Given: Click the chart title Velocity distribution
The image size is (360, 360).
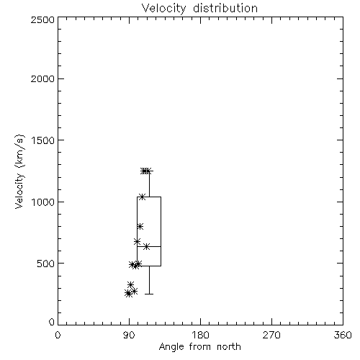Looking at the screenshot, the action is click(199, 9).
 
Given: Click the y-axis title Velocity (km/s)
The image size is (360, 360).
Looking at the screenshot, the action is click(19, 171).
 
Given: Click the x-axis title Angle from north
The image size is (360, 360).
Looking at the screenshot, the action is click(199, 347).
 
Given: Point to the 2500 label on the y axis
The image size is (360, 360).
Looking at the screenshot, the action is click(42, 19).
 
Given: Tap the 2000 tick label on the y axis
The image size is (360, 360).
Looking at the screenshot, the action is click(42, 78).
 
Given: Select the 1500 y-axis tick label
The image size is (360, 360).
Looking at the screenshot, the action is click(43, 140).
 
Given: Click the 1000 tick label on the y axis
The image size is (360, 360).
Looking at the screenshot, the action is click(43, 202).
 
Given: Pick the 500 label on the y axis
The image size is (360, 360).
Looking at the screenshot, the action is click(46, 264).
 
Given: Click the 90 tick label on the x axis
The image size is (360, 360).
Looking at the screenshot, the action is click(129, 335).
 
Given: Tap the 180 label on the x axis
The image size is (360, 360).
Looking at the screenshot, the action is click(200, 335).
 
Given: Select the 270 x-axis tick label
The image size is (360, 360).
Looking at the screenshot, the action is click(271, 335).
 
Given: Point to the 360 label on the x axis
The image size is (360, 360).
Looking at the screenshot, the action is click(343, 335).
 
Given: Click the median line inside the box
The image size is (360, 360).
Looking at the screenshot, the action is click(149, 246).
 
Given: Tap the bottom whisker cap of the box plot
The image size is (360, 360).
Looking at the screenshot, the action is click(149, 294).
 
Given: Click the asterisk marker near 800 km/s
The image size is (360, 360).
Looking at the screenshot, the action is click(140, 226).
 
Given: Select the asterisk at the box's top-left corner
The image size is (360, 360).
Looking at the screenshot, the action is click(142, 197).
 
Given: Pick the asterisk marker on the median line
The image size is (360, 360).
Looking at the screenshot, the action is click(146, 246).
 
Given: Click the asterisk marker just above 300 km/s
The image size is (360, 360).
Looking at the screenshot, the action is click(130, 284).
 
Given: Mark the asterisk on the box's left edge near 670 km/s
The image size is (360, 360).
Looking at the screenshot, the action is click(137, 241).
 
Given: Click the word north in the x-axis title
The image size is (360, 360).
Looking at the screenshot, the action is click(229, 347).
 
